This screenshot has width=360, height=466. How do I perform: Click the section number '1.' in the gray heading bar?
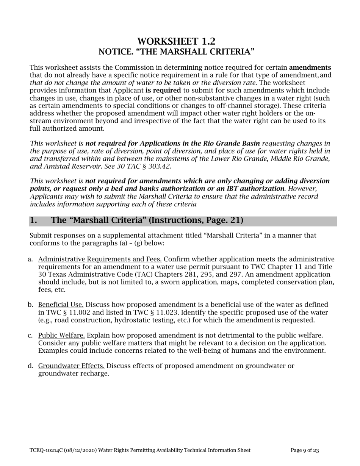click(34, 220)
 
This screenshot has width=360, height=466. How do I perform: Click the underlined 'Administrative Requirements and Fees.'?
click(100, 260)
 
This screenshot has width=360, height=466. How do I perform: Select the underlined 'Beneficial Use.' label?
click(61, 305)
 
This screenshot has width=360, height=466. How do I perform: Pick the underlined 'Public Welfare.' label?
click(61, 336)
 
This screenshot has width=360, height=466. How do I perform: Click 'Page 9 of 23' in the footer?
click(305, 450)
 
